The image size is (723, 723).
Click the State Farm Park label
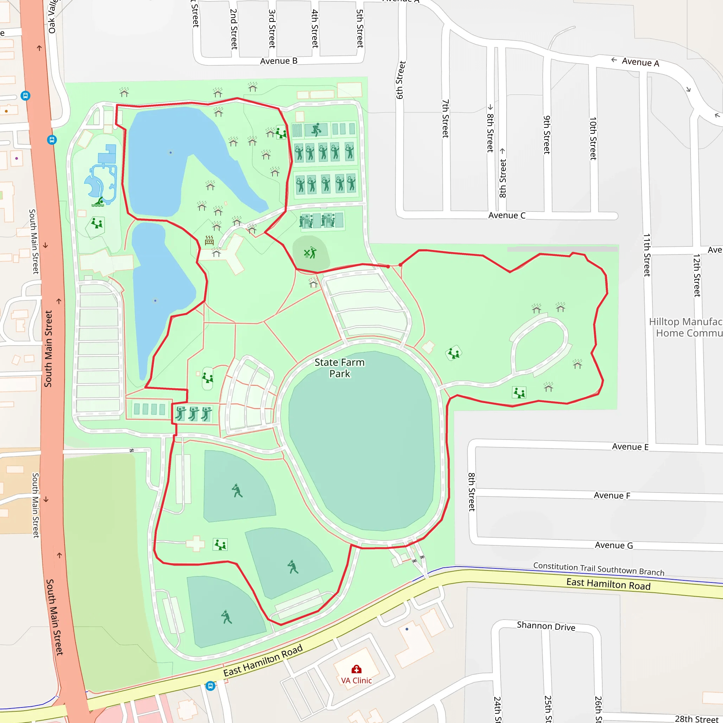[339, 368]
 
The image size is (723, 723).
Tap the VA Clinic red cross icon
[356, 669]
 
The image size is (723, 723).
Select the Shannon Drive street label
[546, 626]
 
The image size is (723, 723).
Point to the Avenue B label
[279, 61]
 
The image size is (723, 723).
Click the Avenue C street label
[507, 216]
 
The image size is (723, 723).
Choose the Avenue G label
[614, 545]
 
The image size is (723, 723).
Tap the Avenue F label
[612, 495]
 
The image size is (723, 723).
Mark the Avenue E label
[630, 447]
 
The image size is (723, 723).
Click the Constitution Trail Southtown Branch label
[599, 569]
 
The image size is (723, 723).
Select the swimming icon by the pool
[98, 202]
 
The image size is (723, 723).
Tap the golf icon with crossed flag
[310, 253]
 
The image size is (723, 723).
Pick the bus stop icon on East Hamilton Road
[211, 686]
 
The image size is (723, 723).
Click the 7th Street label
[445, 119]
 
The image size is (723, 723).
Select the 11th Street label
[647, 255]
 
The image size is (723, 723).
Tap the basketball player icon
[316, 130]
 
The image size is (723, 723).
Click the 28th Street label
[697, 718]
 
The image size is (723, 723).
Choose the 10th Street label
[593, 138]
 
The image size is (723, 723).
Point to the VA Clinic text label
[356, 681]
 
